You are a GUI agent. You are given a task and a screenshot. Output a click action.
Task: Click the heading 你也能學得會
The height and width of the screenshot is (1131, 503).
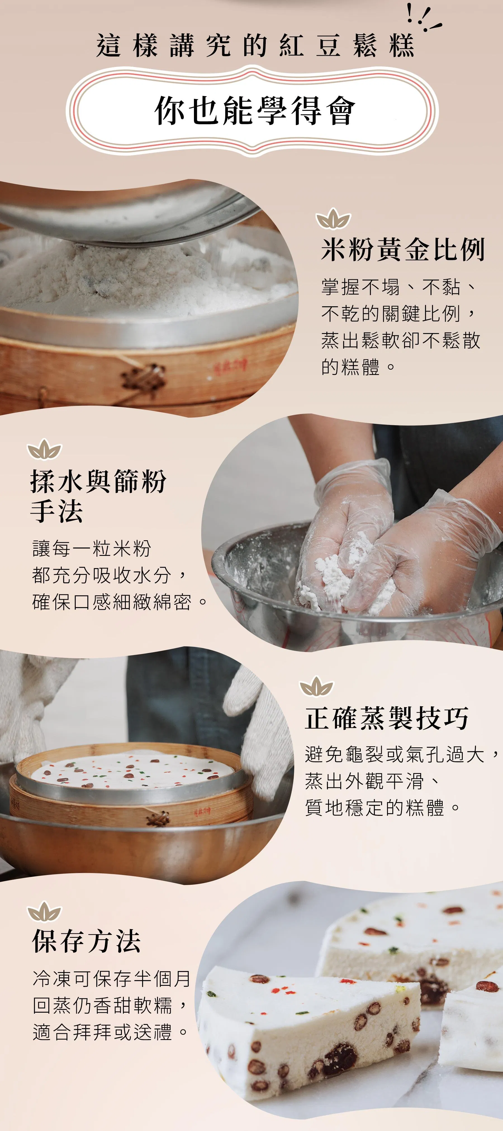[255, 111]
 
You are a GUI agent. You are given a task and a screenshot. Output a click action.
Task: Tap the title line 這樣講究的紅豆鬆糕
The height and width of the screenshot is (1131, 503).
[255, 45]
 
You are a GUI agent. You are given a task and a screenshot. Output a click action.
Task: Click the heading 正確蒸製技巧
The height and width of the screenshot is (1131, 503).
[386, 718]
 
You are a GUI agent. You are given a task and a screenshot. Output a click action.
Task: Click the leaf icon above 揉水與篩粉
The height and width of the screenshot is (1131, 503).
[44, 449]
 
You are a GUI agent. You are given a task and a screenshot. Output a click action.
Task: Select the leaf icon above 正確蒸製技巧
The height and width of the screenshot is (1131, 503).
[316, 687]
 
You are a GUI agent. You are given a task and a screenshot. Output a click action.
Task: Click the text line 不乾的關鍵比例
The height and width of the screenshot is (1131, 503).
[398, 314]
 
